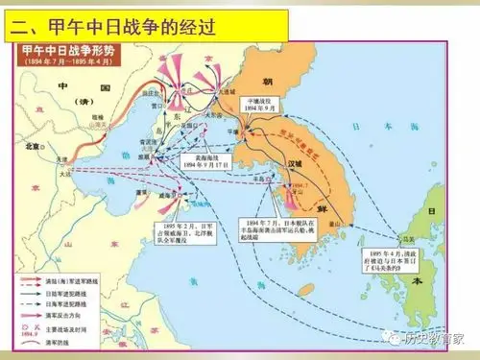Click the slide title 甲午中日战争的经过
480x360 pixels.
120,19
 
